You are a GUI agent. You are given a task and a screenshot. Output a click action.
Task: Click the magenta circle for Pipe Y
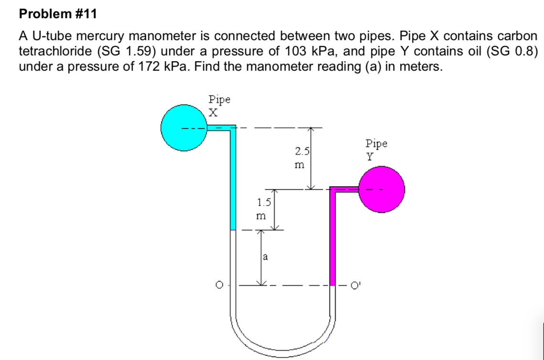382,189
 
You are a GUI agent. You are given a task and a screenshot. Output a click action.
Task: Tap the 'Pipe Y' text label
376,149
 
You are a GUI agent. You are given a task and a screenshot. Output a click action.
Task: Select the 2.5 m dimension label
302,159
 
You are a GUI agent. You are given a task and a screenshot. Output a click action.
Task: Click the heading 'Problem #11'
58,14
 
